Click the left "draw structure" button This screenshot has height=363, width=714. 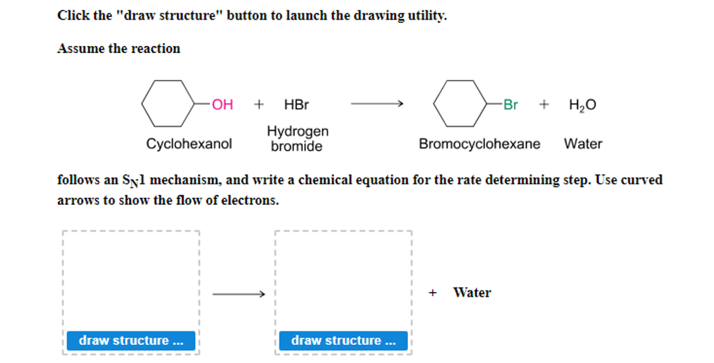tap(131, 341)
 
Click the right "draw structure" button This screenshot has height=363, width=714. tap(343, 341)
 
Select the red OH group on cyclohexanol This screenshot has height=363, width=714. tap(222, 105)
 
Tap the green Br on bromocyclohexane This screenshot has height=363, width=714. tap(510, 105)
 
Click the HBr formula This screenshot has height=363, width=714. tap(296, 105)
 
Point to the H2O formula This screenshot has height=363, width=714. tap(582, 105)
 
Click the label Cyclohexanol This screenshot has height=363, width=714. tap(189, 144)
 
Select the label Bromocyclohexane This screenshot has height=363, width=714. tap(479, 144)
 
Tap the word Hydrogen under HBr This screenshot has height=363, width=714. tap(298, 132)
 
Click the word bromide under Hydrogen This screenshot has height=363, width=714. tap(297, 146)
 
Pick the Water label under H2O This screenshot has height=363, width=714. tap(583, 144)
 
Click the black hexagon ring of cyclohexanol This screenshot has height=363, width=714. tap(167, 103)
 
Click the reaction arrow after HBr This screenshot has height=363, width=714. tap(377, 105)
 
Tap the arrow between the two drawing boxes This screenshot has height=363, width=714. tap(238, 294)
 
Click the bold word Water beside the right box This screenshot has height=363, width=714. tap(472, 293)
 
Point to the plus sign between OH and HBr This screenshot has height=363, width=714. tap(259, 105)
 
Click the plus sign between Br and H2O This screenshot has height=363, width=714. tap(544, 105)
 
